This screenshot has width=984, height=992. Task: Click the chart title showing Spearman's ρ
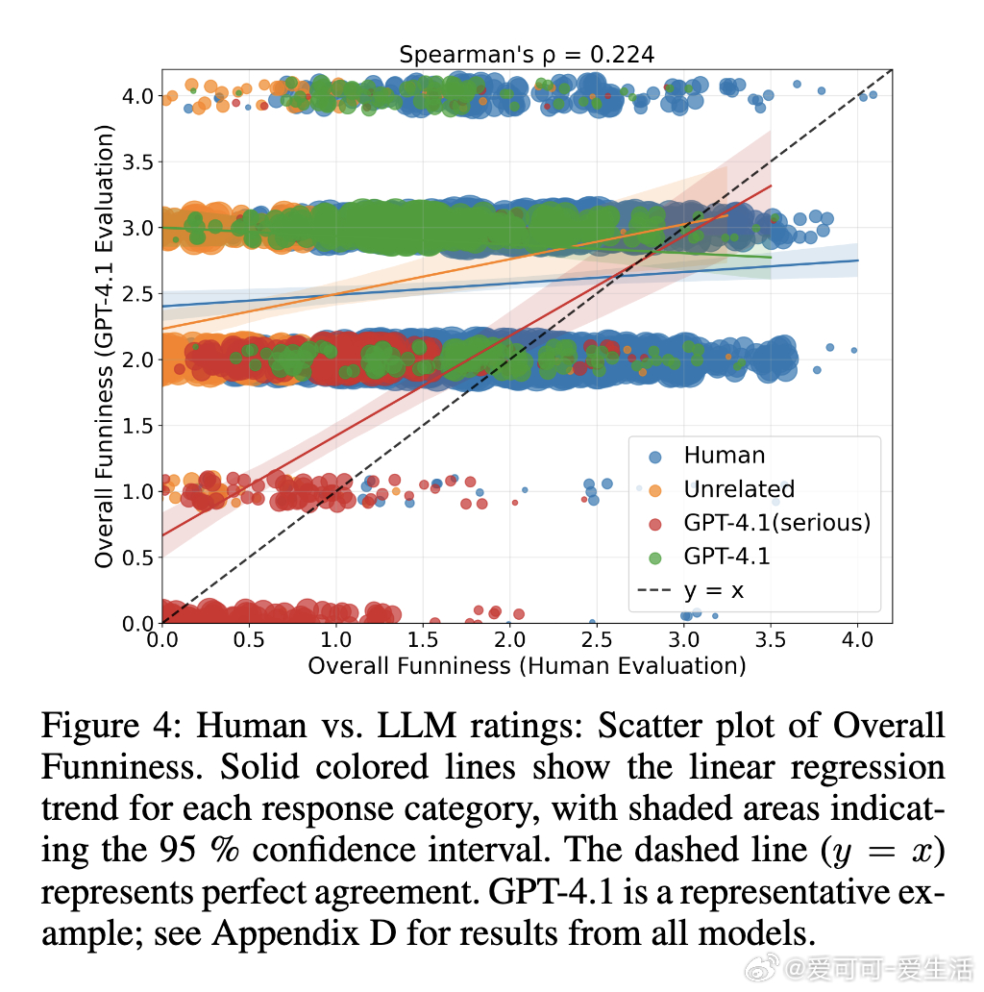[x=527, y=55]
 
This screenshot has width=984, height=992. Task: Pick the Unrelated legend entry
[x=739, y=489]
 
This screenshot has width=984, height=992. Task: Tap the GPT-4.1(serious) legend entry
[x=776, y=523]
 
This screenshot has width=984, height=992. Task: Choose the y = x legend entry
[x=713, y=589]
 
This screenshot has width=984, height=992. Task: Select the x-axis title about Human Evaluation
[x=527, y=665]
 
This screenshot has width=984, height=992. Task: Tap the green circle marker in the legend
[x=655, y=557]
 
